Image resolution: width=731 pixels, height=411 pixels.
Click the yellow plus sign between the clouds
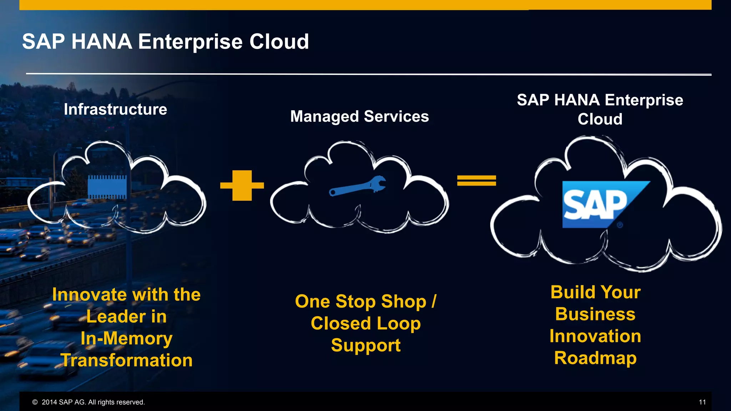[x=242, y=186]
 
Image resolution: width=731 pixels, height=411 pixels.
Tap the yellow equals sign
[x=477, y=181]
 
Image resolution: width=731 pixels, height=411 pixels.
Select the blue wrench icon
[x=358, y=186]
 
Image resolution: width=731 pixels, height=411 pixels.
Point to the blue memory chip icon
[x=107, y=187]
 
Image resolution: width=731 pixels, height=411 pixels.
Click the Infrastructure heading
[x=115, y=109]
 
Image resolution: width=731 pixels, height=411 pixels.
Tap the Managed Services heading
[x=359, y=116]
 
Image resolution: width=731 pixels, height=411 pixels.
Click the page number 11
[x=702, y=402]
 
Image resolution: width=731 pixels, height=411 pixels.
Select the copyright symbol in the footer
[x=35, y=402]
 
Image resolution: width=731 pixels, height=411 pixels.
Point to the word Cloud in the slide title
[x=279, y=41]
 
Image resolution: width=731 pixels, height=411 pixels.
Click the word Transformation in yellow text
[x=127, y=360]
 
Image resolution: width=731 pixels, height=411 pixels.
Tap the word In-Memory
[x=126, y=338]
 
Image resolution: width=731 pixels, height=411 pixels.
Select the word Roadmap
[x=595, y=358]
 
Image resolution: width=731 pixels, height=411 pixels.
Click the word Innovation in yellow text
[x=595, y=336]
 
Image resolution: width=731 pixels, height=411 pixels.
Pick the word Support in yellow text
[x=365, y=345]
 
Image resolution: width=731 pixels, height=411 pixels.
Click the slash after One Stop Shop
[x=434, y=301]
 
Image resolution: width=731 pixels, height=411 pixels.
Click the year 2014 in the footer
[x=49, y=402]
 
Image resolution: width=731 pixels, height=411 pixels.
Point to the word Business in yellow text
[x=595, y=314]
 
